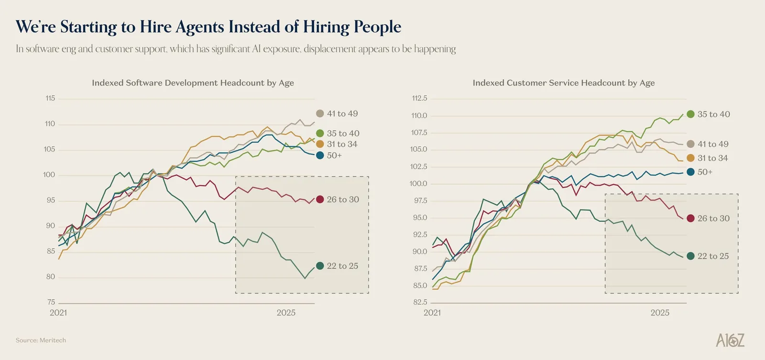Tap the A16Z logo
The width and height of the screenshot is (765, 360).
click(x=730, y=340)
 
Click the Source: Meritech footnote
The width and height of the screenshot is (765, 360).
click(x=41, y=340)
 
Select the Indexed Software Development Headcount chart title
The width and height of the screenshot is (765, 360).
click(x=193, y=83)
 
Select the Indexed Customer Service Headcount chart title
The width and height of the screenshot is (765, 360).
click(x=564, y=83)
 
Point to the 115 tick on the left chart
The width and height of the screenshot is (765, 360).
click(x=50, y=98)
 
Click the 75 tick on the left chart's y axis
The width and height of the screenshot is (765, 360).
click(x=51, y=302)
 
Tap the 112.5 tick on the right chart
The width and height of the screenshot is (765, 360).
click(x=419, y=98)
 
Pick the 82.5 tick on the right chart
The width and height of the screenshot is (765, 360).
click(x=420, y=302)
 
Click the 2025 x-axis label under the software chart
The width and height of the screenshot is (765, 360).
click(x=286, y=313)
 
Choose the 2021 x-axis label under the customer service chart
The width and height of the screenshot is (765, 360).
click(x=432, y=313)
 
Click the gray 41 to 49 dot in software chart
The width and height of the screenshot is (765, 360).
click(x=320, y=113)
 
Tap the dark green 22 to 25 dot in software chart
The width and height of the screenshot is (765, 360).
click(x=320, y=266)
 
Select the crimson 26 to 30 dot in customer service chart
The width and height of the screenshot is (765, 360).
click(x=690, y=218)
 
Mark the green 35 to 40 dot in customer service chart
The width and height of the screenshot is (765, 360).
click(x=690, y=114)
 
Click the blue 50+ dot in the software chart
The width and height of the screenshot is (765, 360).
click(x=320, y=155)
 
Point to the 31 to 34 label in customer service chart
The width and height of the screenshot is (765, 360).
click(x=713, y=158)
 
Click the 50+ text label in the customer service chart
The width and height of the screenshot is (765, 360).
click(x=705, y=172)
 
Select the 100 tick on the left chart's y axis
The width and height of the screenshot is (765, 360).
click(x=49, y=175)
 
